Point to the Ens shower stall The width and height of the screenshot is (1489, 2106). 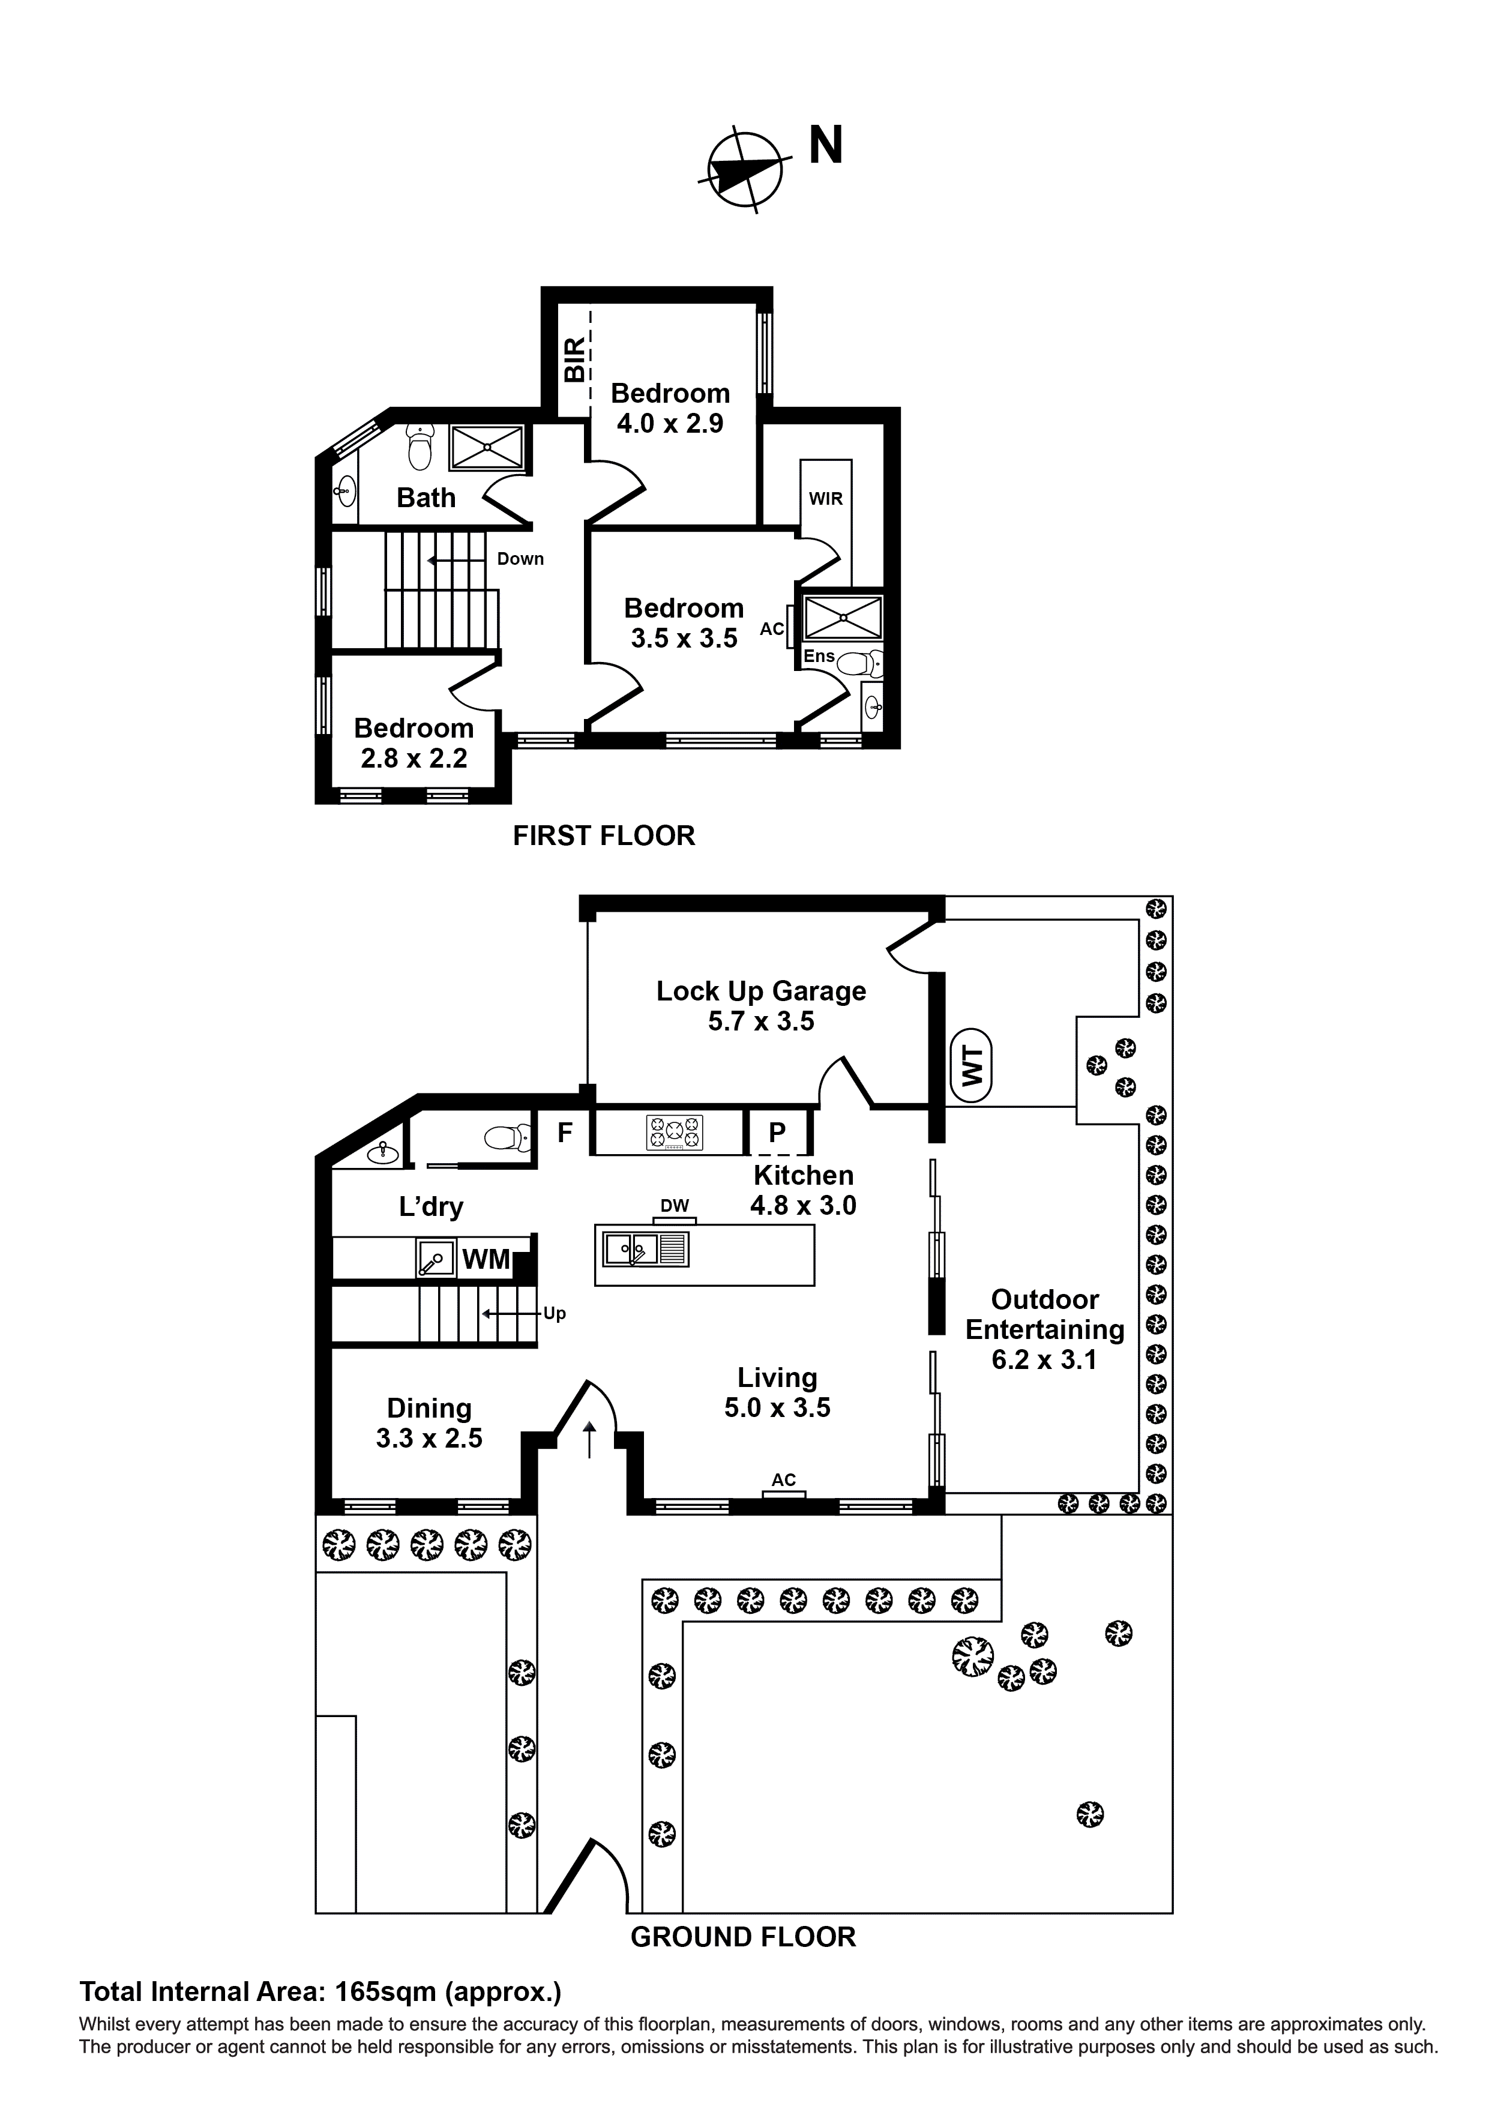(x=842, y=618)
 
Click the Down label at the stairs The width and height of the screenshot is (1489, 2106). (x=520, y=559)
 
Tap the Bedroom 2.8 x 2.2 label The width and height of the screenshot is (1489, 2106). (x=414, y=743)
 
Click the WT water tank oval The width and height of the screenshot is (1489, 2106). (x=972, y=1066)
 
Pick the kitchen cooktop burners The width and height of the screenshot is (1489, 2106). (x=675, y=1133)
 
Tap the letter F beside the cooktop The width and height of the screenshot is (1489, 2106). (x=565, y=1133)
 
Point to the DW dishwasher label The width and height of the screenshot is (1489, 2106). (x=675, y=1206)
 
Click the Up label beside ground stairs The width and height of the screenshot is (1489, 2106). (x=554, y=1314)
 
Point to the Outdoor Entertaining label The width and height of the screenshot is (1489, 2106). (x=1044, y=1329)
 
